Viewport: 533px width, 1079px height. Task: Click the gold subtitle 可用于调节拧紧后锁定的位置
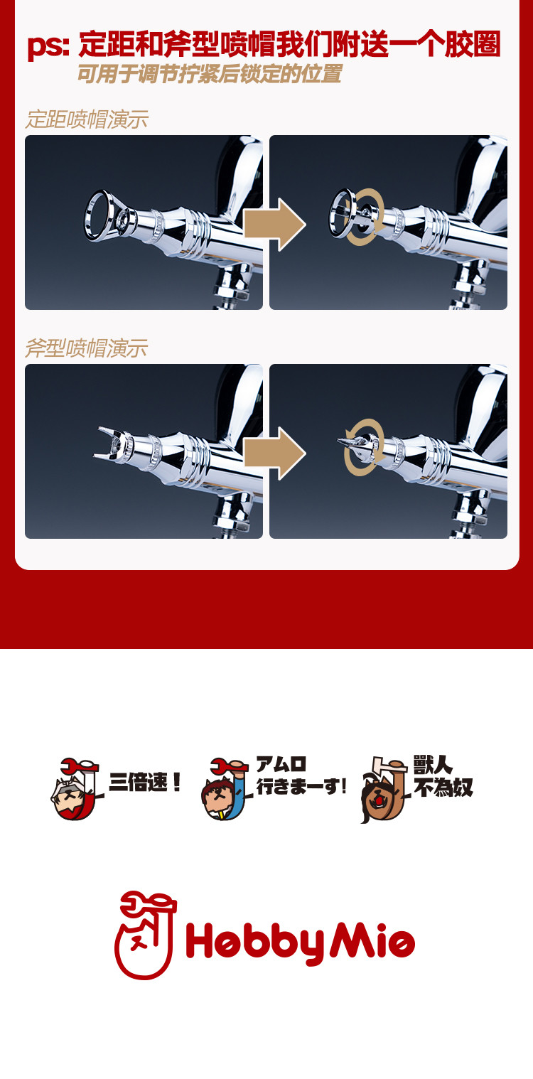pos(210,74)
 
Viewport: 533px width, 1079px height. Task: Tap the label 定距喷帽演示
pos(87,119)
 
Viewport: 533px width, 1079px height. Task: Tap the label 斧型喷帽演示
pos(87,348)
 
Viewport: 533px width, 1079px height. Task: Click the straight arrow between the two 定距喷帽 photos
pos(275,225)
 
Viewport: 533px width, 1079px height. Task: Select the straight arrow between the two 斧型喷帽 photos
pos(275,453)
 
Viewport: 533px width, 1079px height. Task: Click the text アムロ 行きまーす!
pos(301,775)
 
